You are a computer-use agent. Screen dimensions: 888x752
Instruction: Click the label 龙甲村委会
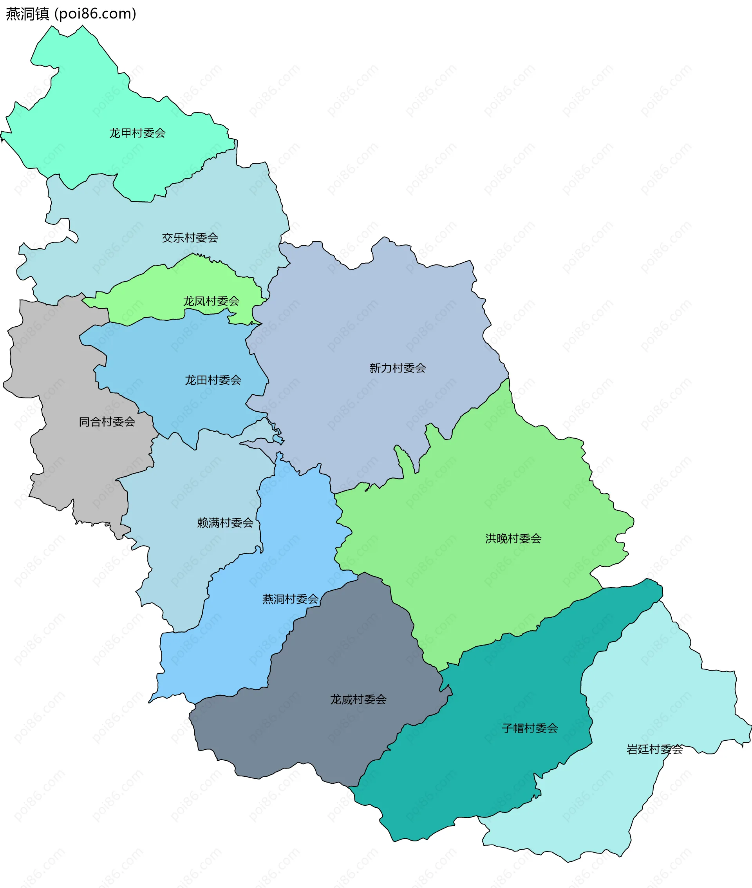(137, 133)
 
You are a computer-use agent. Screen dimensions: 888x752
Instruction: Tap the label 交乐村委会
(190, 238)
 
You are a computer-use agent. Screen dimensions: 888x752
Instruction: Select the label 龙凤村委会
(211, 301)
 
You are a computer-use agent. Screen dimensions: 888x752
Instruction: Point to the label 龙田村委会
(213, 380)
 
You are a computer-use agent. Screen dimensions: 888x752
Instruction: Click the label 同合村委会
(107, 422)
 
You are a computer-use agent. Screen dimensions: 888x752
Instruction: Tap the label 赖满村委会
(225, 523)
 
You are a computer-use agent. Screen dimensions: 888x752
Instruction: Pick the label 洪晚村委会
(513, 539)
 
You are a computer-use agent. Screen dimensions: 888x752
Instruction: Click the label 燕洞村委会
(290, 599)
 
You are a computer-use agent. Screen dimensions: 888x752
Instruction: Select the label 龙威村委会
(358, 700)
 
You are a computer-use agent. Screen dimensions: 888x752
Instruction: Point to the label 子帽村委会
(530, 728)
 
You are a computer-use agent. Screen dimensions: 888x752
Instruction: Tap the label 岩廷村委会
(654, 749)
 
